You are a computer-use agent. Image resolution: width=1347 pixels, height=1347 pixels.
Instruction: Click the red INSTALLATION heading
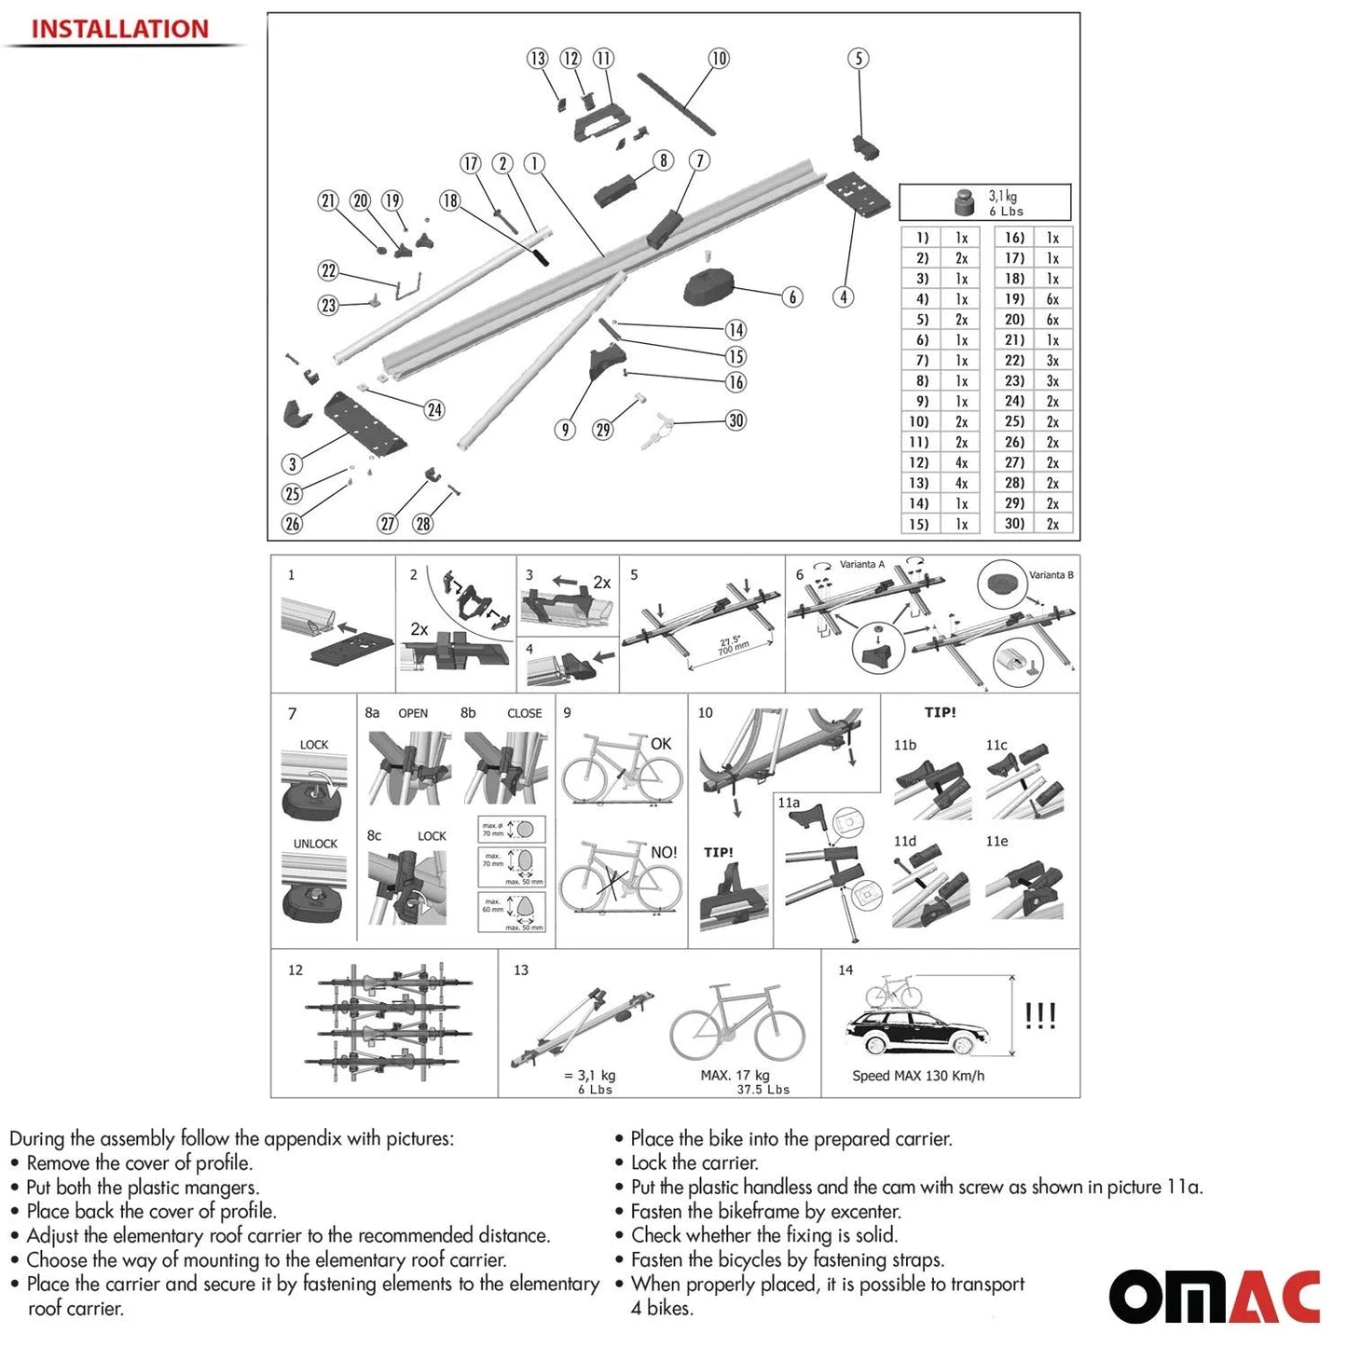coord(120,29)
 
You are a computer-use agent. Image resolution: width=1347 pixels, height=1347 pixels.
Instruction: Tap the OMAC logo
coord(1214,1296)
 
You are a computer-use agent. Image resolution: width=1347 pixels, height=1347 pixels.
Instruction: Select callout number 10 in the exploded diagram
coord(719,58)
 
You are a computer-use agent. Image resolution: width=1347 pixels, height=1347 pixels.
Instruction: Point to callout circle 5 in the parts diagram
coord(859,58)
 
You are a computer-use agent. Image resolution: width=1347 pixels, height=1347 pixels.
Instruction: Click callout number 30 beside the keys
coord(736,420)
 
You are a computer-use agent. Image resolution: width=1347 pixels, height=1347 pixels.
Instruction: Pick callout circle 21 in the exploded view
coord(328,200)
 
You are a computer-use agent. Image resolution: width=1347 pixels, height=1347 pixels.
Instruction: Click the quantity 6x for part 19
coord(1052,299)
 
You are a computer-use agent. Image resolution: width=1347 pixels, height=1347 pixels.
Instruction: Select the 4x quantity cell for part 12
coord(961,462)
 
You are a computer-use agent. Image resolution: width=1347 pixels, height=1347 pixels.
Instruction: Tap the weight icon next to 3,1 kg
coord(964,202)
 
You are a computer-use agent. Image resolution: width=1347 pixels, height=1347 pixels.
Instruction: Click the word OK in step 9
coord(661,744)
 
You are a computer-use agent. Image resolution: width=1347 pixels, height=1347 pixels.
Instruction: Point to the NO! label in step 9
coord(664,852)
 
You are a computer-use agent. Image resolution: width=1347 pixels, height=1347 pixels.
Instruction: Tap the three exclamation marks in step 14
coord(1040,1015)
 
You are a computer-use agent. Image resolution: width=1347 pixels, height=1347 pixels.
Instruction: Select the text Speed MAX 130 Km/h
coord(918,1076)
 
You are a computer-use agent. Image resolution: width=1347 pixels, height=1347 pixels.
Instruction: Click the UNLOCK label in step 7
coord(315,844)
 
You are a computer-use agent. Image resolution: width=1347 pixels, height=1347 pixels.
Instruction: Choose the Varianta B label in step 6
coord(1051,575)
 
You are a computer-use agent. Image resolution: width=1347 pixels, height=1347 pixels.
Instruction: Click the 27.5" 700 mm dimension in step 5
coord(733,646)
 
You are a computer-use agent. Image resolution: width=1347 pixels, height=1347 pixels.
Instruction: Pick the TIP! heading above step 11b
coord(940,712)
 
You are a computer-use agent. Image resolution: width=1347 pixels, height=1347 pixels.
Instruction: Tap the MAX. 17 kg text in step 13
coord(735,1076)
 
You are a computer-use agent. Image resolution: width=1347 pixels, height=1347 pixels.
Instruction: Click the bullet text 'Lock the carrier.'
coord(694,1162)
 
